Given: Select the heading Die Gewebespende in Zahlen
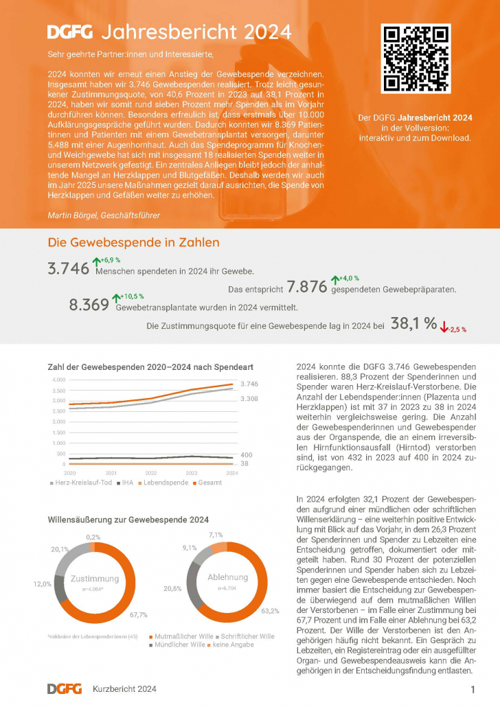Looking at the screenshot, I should (133, 242).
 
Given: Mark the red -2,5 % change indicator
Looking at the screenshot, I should (454, 329).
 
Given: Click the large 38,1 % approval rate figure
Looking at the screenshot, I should (413, 324).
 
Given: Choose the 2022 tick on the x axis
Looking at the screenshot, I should (151, 474).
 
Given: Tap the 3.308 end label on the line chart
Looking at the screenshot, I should (249, 398).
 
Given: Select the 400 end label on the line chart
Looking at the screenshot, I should (247, 455).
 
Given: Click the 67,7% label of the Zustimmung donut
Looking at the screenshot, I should (138, 614).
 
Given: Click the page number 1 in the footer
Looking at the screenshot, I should (473, 688).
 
